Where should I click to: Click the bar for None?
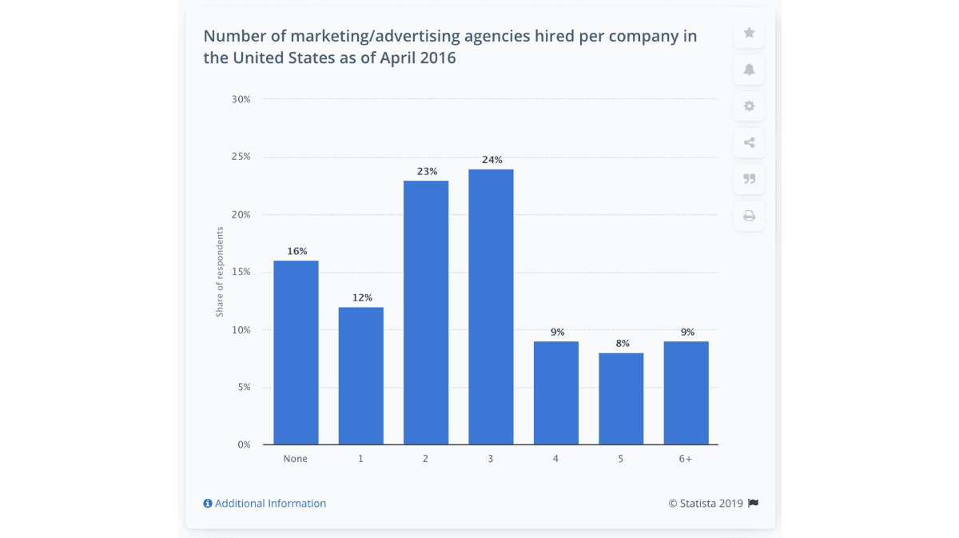click(296, 353)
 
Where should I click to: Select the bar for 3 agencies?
click(491, 307)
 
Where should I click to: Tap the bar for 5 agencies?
click(621, 399)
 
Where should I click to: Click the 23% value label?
click(426, 171)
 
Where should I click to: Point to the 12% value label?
click(361, 297)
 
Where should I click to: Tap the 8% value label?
click(621, 344)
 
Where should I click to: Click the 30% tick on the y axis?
click(241, 99)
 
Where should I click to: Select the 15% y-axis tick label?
click(241, 272)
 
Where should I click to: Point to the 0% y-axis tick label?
click(244, 444)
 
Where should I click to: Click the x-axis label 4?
click(556, 459)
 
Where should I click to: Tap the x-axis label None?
click(296, 459)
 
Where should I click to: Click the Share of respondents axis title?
click(220, 272)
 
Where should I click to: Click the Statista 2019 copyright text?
click(706, 504)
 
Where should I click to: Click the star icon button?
click(749, 33)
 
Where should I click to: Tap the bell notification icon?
click(749, 70)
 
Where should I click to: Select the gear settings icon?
click(749, 106)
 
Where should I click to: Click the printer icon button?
click(749, 216)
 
